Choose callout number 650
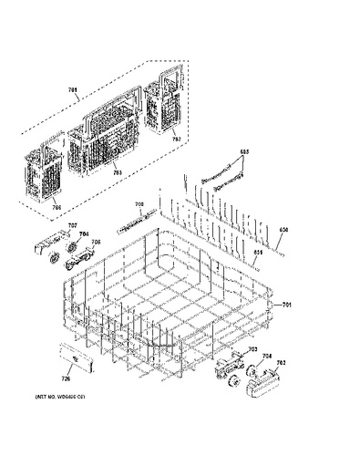pyautogui.click(x=283, y=228)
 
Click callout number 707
pyautogui.click(x=73, y=225)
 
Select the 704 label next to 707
pyautogui.click(x=83, y=233)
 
